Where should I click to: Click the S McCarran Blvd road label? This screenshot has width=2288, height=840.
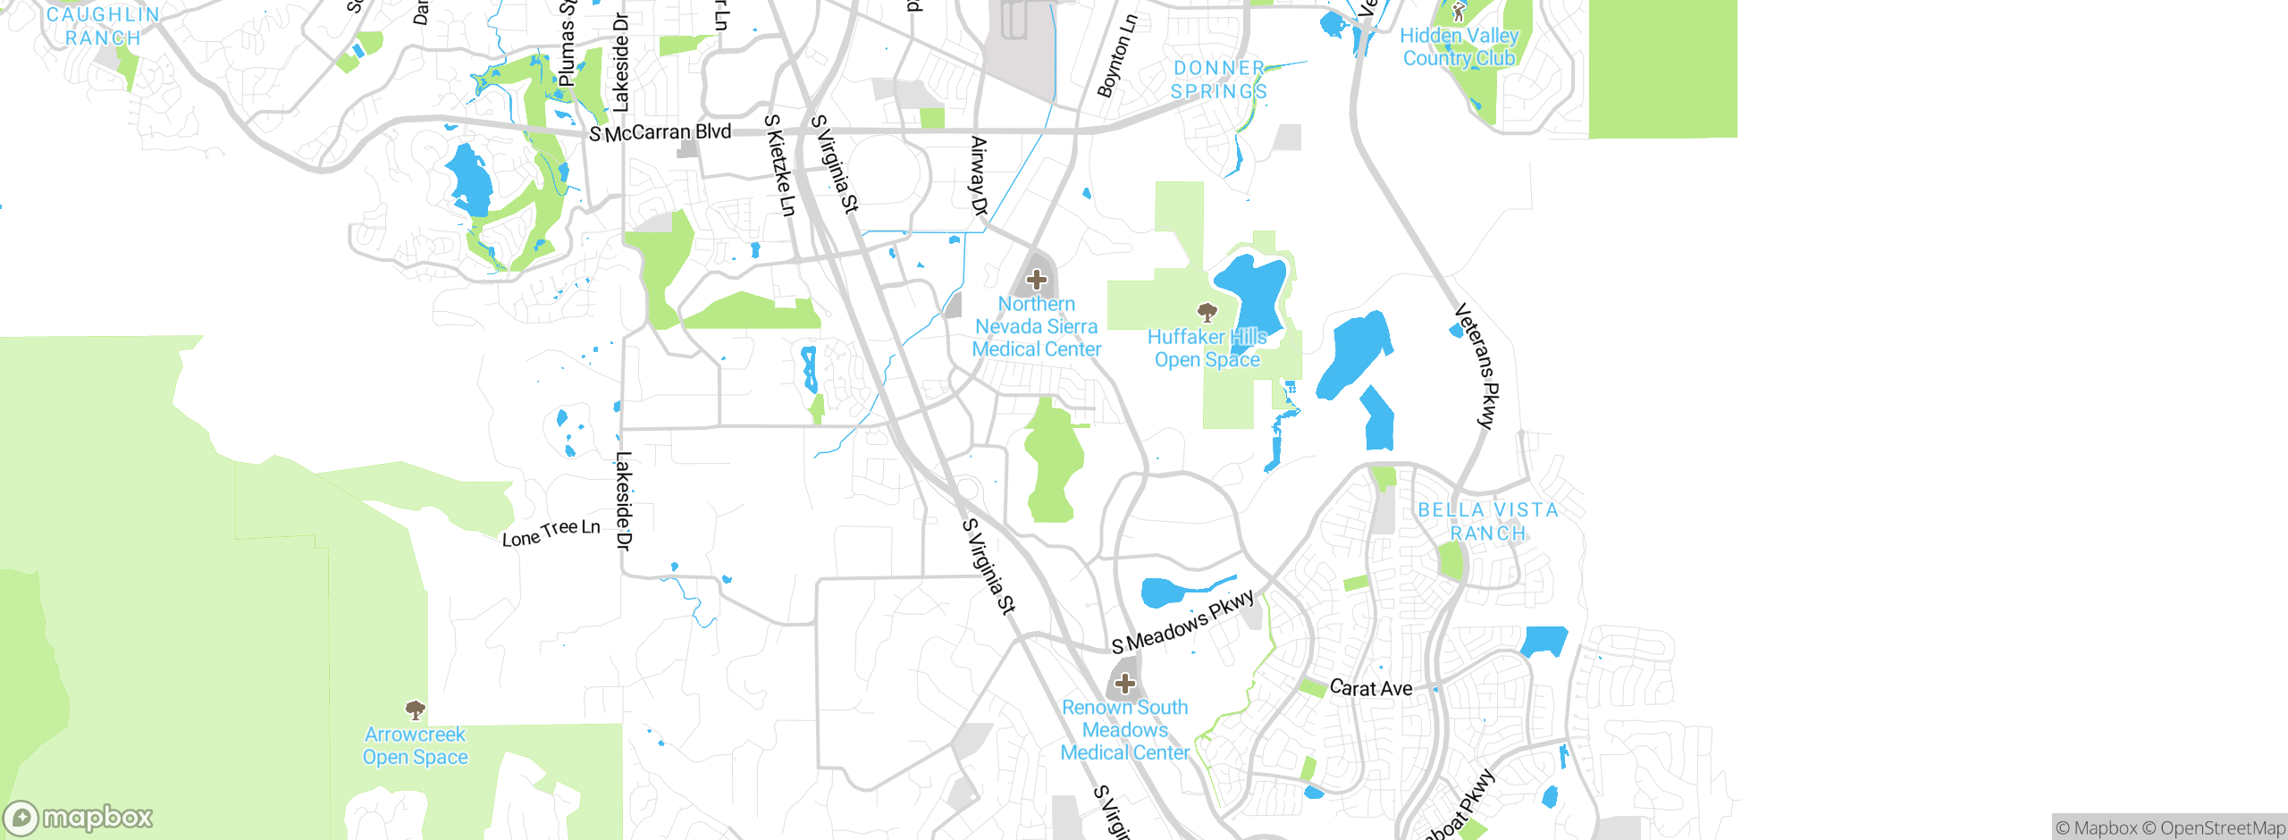coord(660,133)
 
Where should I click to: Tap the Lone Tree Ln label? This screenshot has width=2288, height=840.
coord(551,533)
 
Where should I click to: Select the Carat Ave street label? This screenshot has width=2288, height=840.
coord(1371,688)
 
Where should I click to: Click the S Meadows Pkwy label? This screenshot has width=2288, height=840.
coord(1182,622)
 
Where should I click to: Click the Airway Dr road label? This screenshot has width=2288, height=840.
coord(980,176)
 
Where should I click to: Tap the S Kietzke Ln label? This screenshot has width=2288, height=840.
coord(779,165)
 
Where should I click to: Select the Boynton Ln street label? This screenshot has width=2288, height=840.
coord(1118,55)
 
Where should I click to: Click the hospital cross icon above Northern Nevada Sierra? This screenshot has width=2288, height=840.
coord(1037,280)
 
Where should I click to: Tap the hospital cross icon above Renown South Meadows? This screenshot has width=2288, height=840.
coord(1125,685)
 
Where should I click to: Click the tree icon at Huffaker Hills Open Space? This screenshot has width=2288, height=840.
coord(1207,313)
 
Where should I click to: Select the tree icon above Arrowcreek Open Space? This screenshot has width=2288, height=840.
coord(415,710)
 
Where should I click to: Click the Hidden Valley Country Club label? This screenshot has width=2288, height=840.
coord(1459,47)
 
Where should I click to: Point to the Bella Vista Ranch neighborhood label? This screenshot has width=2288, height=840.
coord(1488,521)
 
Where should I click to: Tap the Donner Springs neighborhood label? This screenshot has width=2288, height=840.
coord(1219,80)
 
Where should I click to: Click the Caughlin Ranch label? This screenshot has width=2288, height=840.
coord(103,26)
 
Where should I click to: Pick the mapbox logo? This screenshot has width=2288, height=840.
coord(79,817)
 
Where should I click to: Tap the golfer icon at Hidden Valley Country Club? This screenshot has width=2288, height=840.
coord(1459,12)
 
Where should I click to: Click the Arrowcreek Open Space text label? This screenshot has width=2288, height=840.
coord(415,746)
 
